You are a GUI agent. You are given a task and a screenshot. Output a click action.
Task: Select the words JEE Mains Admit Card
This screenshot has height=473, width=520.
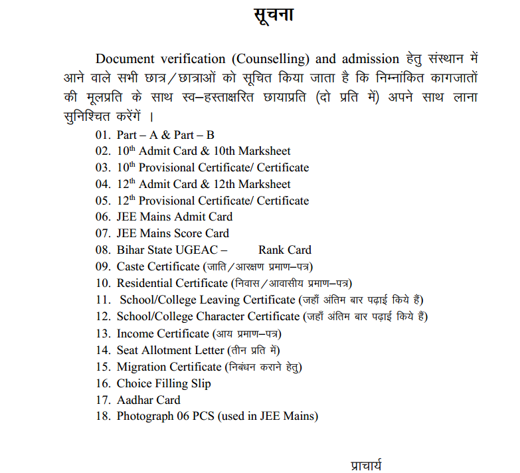click(175, 217)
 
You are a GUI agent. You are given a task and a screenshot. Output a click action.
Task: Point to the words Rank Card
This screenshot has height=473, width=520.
click(285, 250)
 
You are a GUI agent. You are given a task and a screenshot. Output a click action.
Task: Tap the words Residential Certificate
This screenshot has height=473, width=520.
click(172, 283)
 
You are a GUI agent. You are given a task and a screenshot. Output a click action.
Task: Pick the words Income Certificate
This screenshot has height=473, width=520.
click(163, 333)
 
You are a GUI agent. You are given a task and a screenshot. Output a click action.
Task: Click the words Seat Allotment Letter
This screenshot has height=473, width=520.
click(171, 350)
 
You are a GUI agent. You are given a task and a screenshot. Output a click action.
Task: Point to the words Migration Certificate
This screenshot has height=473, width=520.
click(169, 367)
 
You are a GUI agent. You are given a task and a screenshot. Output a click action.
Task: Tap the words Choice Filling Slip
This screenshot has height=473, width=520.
click(163, 383)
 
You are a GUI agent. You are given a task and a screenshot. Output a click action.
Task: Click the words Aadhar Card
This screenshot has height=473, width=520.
click(148, 400)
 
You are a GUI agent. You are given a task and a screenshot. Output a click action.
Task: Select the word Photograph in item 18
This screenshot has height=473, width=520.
click(145, 417)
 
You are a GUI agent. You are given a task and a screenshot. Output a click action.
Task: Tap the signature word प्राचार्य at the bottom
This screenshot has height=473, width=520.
click(367, 464)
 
